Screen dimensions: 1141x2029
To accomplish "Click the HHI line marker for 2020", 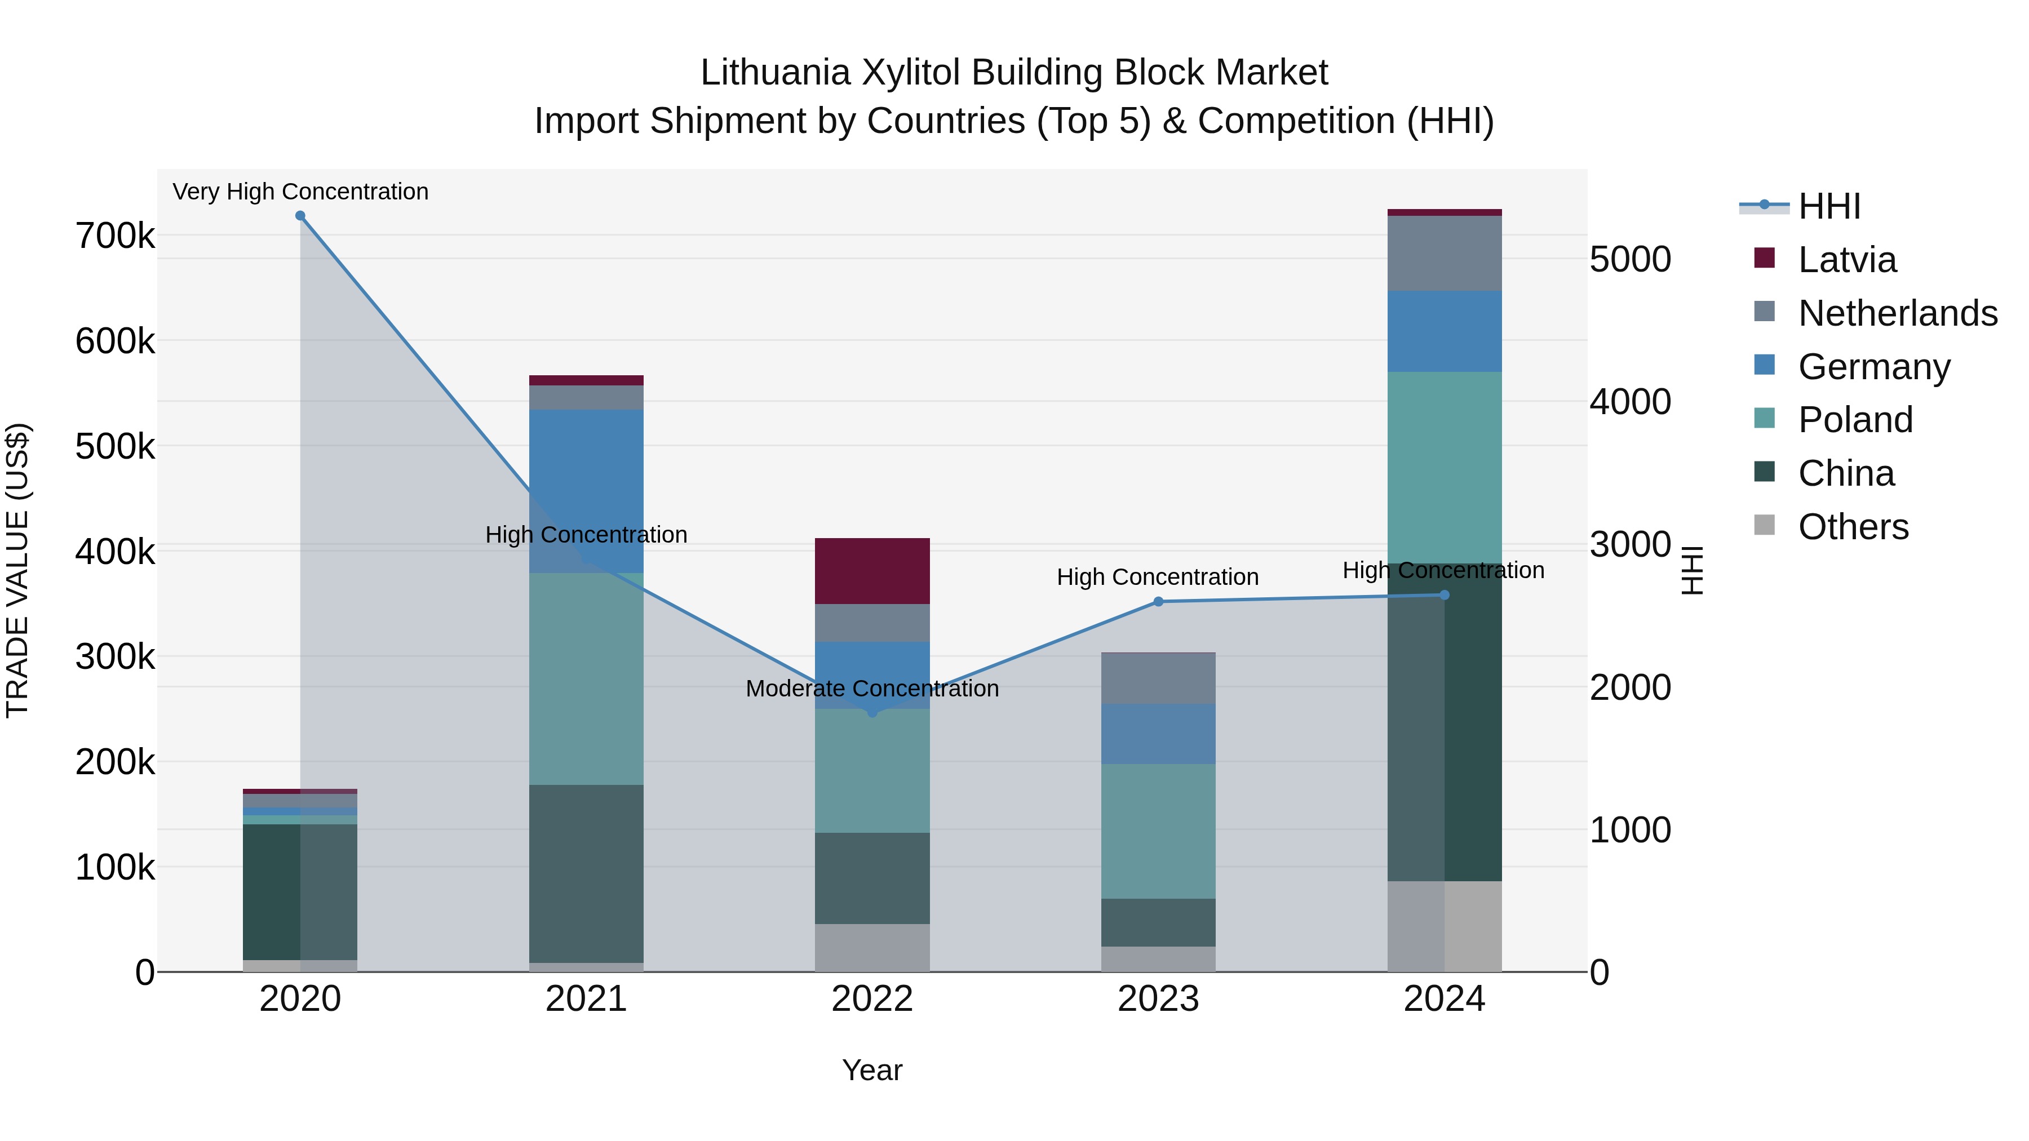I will coord(300,216).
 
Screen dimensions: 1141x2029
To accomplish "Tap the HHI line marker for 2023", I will coord(1158,602).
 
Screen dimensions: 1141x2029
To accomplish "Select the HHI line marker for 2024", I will coord(1444,596).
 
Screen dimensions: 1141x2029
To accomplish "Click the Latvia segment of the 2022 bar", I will coord(872,571).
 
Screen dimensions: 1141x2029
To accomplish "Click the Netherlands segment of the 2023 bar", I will coord(1158,678).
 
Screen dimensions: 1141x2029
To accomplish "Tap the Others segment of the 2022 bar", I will coord(872,947).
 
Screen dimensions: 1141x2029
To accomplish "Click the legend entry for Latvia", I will coord(1846,260).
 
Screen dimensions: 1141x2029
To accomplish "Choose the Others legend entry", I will coord(1853,527).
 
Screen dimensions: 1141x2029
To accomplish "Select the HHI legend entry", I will coord(1829,206).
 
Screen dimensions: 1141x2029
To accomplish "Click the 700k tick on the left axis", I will coord(115,236).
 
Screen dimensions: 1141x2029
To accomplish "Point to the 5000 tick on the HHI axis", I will coord(1629,259).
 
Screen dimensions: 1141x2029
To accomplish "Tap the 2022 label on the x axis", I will coord(872,999).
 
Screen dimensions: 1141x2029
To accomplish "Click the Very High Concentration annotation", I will coord(300,192).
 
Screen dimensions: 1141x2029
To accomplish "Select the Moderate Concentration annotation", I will coord(872,688).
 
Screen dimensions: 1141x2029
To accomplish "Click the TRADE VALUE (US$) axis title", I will coord(18,570).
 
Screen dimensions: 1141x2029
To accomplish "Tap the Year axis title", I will coord(872,1070).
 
